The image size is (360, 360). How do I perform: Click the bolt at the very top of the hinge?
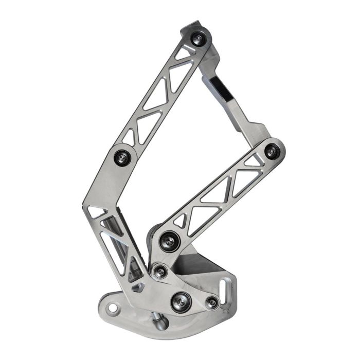tap(197, 39)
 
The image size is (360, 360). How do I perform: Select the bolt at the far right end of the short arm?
tap(272, 151)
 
